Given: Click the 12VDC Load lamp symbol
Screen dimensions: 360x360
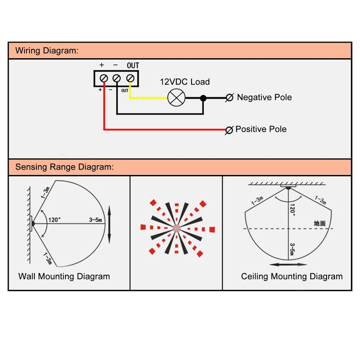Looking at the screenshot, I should click(x=176, y=98).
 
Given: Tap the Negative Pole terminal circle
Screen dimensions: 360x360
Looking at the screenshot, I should click(x=229, y=98).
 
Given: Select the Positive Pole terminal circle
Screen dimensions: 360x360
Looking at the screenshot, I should click(x=228, y=130).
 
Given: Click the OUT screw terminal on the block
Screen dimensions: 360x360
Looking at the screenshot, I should click(x=130, y=78).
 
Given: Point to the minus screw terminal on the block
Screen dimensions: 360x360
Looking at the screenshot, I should click(x=117, y=78).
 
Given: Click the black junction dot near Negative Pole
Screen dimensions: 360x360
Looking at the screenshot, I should click(x=203, y=98).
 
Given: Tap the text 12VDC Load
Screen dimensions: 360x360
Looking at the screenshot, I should click(x=185, y=82).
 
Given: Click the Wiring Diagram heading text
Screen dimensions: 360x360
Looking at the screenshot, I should click(x=46, y=50).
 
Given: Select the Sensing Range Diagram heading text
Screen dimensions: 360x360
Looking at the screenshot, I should click(x=64, y=167).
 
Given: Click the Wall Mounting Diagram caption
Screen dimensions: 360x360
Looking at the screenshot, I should click(x=64, y=276).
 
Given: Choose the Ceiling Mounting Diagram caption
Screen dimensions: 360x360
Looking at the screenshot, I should click(x=292, y=276).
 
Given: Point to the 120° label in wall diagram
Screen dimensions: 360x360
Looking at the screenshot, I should click(x=55, y=220).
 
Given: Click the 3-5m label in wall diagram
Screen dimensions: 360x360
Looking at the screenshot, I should click(x=96, y=220).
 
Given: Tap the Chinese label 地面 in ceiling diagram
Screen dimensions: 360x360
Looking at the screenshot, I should click(x=320, y=223).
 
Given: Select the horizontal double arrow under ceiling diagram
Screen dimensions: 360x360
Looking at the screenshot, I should click(x=288, y=265).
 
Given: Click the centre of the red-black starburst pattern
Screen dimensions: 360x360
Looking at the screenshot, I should click(x=176, y=228).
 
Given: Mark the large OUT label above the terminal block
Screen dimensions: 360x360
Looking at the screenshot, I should click(x=133, y=66).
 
